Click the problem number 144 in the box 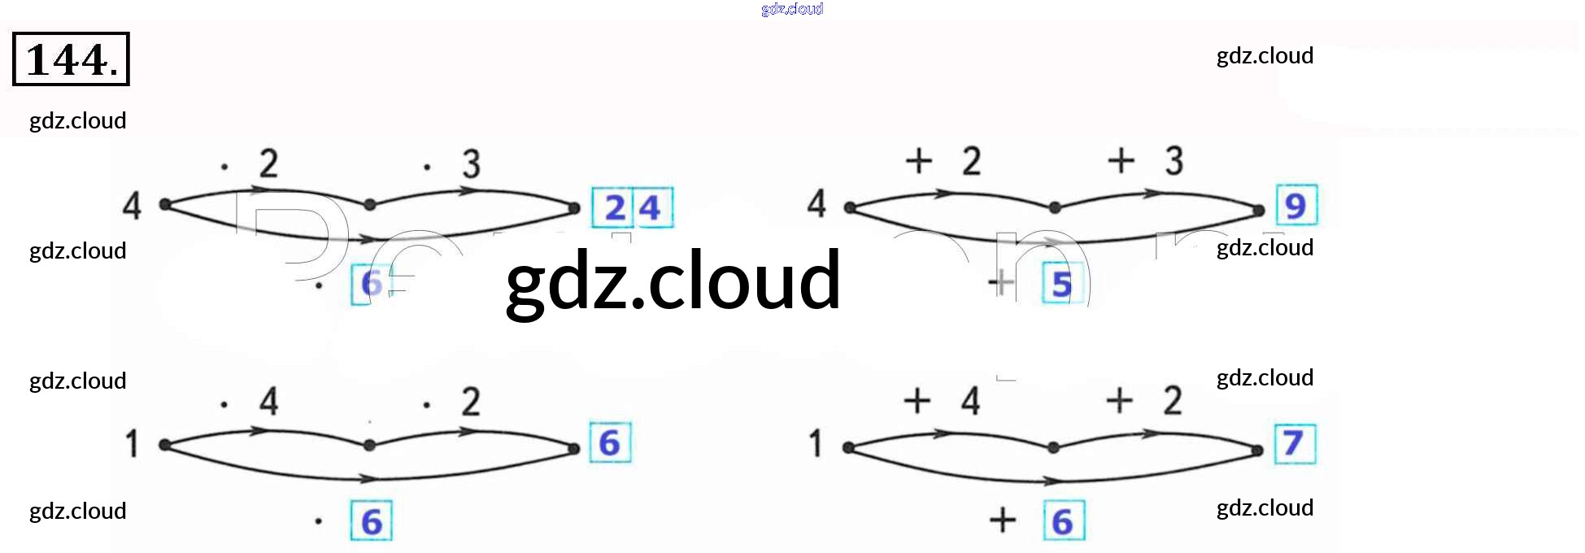(71, 59)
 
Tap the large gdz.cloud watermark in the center (673, 281)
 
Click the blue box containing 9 (1295, 205)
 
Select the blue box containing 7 (1294, 444)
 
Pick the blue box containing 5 (1062, 284)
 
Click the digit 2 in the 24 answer (615, 208)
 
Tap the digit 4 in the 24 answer (650, 208)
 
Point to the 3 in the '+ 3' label (1174, 161)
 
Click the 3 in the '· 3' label (471, 163)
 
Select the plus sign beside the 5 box (1002, 283)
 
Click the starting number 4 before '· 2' (132, 205)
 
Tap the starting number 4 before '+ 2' (816, 203)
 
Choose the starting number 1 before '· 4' (132, 444)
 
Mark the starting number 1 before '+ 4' (816, 444)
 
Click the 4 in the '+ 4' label (970, 401)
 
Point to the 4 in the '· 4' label (269, 401)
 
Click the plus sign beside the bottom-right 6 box (1003, 520)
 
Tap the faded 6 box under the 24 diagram (371, 284)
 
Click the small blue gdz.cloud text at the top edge (792, 9)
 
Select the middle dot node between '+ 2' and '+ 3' (1055, 208)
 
